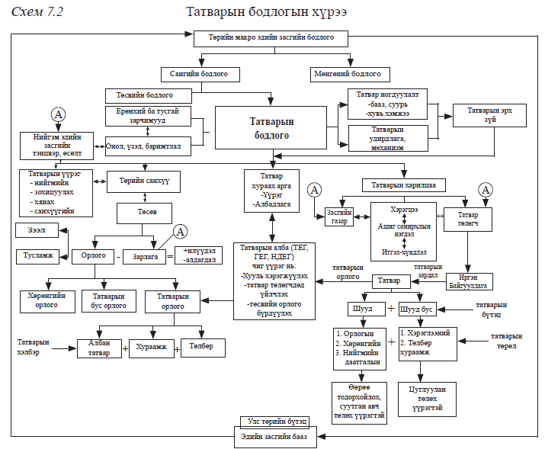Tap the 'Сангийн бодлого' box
click(200, 75)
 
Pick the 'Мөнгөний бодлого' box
click(351, 75)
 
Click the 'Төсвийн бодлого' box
click(148, 96)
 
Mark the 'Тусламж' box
click(40, 257)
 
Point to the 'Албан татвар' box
click(99, 348)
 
